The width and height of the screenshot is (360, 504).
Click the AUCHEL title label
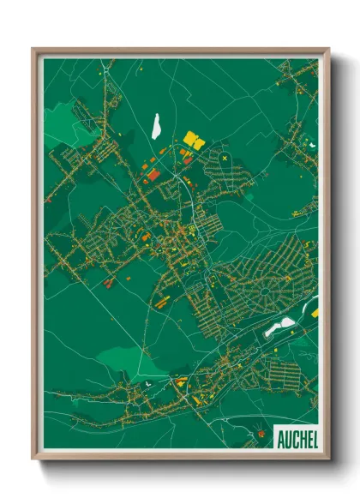(297, 438)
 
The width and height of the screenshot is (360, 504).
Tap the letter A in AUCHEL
(280, 438)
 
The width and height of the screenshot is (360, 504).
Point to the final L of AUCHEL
(314, 438)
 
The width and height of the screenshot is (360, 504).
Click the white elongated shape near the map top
(157, 126)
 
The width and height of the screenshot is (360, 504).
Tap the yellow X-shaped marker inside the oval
(225, 158)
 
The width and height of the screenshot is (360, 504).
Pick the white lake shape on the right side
(279, 327)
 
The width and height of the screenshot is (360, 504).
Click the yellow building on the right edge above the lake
(314, 313)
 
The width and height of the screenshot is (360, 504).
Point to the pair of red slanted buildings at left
(109, 280)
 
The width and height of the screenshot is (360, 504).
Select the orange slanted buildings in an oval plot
(160, 300)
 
